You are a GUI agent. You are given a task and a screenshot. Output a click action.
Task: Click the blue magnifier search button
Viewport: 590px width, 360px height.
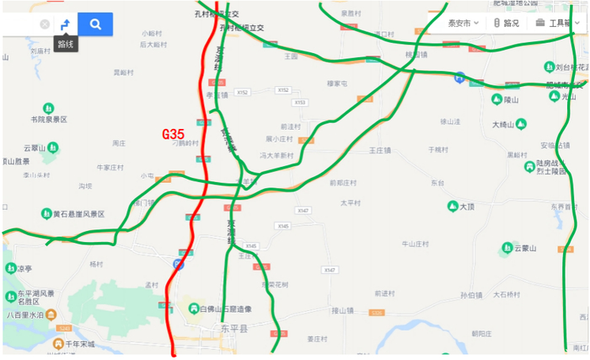tap(95, 24)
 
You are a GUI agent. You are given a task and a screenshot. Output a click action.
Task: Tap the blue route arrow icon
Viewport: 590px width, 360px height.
tap(65, 24)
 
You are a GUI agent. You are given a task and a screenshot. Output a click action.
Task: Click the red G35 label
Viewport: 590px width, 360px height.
tap(173, 134)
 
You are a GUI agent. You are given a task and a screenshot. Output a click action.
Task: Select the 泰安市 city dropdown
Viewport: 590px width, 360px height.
tap(463, 23)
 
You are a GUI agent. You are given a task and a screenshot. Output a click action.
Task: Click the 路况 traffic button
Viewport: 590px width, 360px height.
tap(507, 23)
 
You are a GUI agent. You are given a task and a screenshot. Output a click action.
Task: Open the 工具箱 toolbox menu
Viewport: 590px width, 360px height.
tap(556, 23)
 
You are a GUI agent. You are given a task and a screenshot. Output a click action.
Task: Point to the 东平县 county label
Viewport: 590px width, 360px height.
tap(234, 327)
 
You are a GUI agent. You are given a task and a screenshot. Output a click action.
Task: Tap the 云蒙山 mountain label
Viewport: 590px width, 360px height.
tap(525, 248)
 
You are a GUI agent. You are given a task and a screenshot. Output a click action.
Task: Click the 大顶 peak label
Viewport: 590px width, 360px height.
tap(468, 206)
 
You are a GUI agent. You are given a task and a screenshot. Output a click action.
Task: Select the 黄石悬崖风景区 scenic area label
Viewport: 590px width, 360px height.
tap(78, 214)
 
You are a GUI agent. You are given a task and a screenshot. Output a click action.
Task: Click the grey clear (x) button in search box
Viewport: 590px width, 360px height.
tap(45, 24)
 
